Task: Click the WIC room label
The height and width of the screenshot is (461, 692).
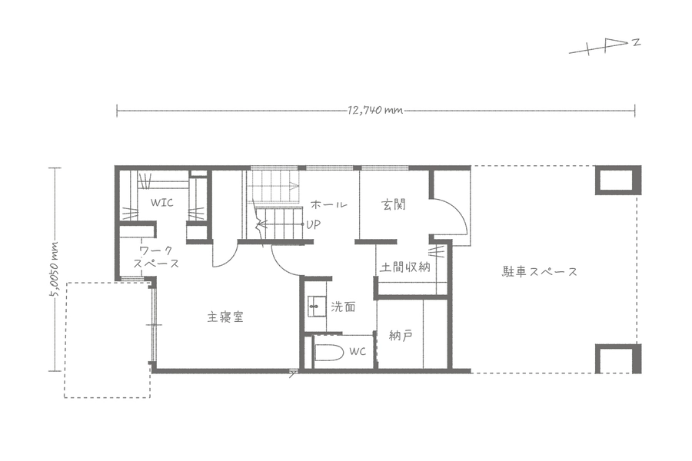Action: tap(162, 203)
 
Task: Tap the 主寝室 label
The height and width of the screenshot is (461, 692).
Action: tap(225, 317)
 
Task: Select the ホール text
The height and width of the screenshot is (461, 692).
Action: tap(329, 204)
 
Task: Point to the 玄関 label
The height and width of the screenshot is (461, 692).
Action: tap(394, 204)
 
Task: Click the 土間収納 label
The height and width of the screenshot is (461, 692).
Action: tap(405, 267)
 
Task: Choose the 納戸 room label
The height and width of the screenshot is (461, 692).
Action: tap(401, 336)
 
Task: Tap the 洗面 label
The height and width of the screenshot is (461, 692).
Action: tap(343, 307)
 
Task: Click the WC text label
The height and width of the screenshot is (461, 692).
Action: tap(358, 352)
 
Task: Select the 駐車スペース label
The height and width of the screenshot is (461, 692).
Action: tap(540, 271)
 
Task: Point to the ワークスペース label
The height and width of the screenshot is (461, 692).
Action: tap(157, 257)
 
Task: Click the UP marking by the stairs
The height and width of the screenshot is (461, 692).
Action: tap(314, 224)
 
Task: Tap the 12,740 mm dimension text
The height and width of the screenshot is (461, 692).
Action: tap(375, 110)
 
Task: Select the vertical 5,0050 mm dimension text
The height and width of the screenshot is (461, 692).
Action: tap(55, 270)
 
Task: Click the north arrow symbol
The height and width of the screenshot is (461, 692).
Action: tap(604, 46)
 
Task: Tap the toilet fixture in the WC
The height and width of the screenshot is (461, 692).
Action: tap(329, 353)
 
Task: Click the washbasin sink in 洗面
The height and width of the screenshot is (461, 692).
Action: tap(316, 307)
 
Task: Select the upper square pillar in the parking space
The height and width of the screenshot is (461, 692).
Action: tap(618, 180)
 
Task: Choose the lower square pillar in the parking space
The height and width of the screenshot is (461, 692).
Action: tap(618, 359)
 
